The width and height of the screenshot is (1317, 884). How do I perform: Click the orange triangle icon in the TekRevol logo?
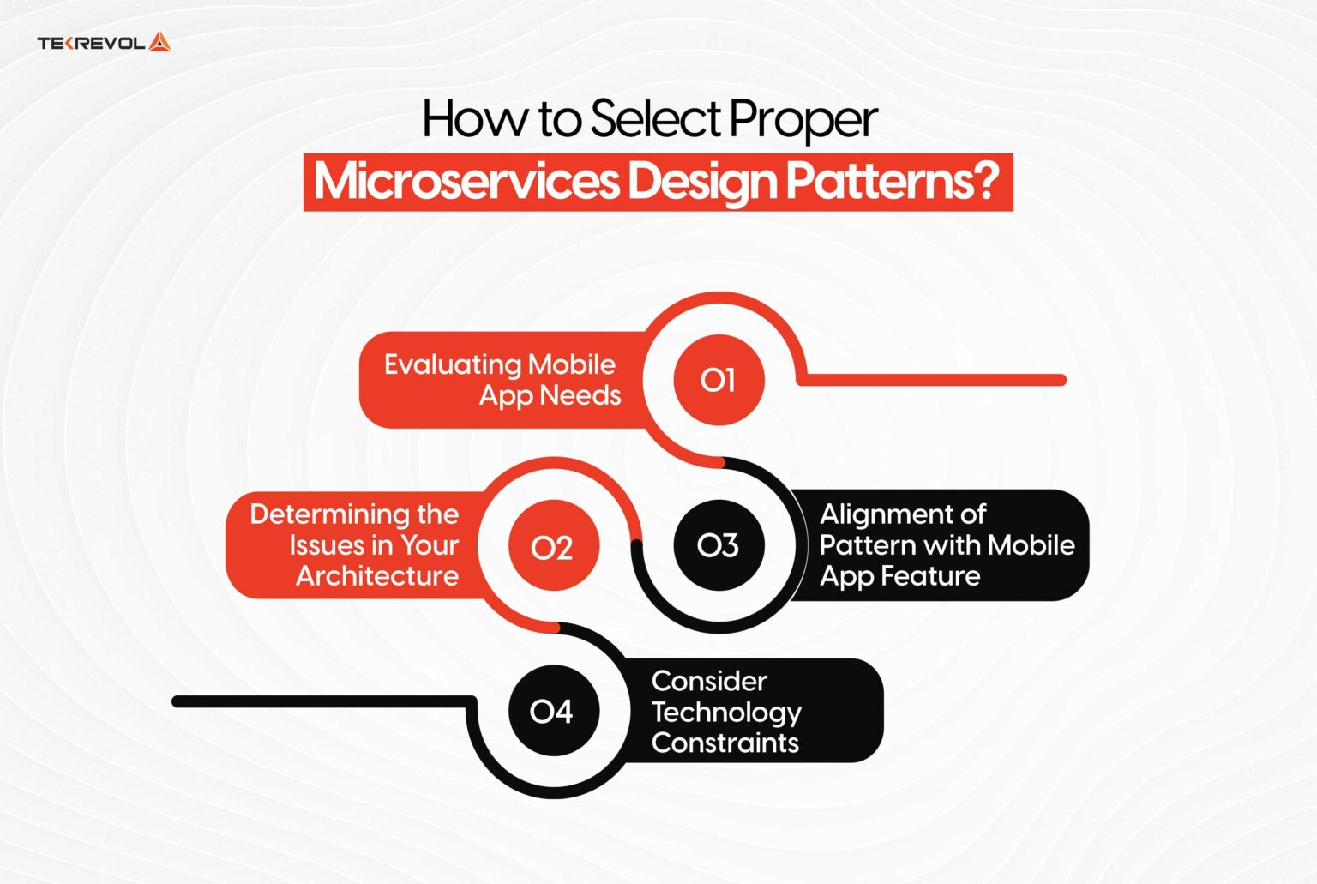click(x=159, y=42)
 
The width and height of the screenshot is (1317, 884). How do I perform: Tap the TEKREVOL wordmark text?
click(x=91, y=43)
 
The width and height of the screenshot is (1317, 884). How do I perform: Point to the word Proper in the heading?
click(x=803, y=121)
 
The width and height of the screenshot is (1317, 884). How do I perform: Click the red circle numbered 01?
click(x=719, y=380)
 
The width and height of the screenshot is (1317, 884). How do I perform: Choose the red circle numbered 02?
click(x=552, y=546)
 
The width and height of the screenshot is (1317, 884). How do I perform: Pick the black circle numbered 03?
click(x=719, y=545)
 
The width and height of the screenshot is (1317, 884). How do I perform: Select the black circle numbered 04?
click(x=552, y=711)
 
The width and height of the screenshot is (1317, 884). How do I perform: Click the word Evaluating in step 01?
click(x=452, y=365)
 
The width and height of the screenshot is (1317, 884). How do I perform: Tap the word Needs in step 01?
click(x=587, y=395)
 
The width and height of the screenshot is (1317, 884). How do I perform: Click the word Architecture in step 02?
click(x=377, y=576)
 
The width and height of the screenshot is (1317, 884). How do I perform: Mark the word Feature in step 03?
click(x=930, y=576)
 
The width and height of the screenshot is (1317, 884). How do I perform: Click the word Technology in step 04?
click(x=726, y=713)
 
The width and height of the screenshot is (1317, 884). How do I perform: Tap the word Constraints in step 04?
click(x=725, y=743)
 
